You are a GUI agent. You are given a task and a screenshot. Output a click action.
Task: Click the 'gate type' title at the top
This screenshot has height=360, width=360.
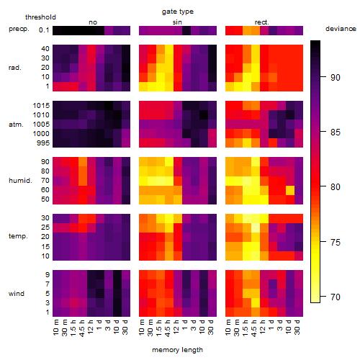tap(178, 12)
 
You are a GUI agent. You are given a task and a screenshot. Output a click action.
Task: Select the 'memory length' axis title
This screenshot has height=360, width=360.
tap(177, 350)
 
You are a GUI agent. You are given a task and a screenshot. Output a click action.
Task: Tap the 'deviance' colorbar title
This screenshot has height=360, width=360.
tap(341, 29)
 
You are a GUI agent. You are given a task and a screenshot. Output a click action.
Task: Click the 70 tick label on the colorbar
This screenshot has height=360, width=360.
tap(336, 297)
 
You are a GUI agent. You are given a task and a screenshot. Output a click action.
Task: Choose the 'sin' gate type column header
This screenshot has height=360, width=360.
tap(177, 22)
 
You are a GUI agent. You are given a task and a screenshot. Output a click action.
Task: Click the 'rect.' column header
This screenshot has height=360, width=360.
tap(262, 22)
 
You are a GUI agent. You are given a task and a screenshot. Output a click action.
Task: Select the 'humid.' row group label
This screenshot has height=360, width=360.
tap(20, 181)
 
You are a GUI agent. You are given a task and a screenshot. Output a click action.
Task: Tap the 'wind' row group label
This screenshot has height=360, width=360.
tap(17, 294)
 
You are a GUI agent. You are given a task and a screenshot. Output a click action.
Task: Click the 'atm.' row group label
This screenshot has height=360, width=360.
tap(16, 125)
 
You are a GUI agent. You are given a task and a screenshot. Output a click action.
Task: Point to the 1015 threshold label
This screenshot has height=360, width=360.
tap(41, 106)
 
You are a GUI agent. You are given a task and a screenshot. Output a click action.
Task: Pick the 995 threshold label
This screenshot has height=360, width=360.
tap(43, 143)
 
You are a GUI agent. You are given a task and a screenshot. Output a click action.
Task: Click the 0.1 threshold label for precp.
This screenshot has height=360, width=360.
tap(44, 30)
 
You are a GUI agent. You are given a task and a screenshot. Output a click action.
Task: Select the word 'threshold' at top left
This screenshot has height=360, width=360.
tap(40, 17)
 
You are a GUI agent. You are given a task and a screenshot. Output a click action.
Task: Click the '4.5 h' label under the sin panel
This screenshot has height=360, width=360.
tap(168, 328)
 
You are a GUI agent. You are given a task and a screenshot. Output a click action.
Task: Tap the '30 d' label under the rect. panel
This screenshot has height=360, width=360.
tap(297, 327)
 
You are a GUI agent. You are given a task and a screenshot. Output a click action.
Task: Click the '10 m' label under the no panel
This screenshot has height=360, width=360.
tap(55, 327)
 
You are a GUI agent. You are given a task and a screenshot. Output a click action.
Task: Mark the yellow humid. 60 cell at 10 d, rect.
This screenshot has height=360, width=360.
tap(290, 190)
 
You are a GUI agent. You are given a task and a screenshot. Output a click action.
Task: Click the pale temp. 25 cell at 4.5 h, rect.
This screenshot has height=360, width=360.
tap(256, 228)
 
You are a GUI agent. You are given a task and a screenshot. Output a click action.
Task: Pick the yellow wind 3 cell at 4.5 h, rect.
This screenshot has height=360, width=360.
tap(256, 303)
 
